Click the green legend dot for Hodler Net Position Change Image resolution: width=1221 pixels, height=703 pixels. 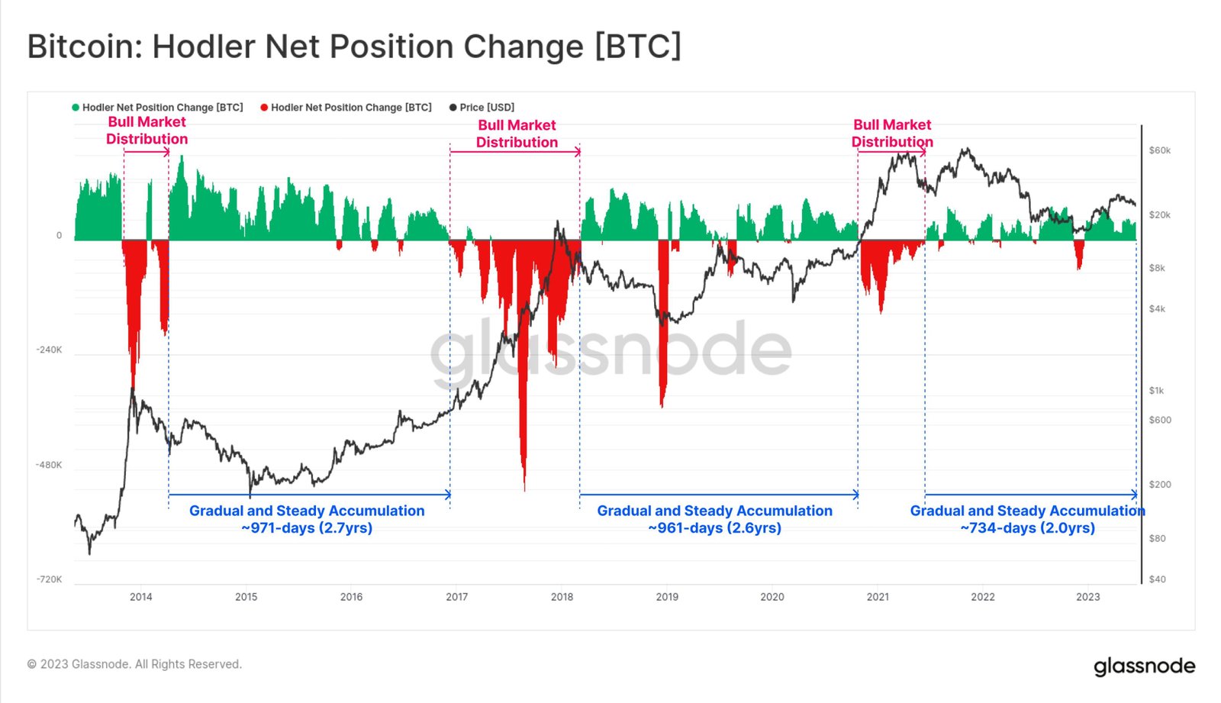click(x=76, y=108)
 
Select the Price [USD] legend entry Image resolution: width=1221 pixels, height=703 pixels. click(x=486, y=108)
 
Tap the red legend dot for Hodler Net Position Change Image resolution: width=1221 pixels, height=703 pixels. click(x=264, y=108)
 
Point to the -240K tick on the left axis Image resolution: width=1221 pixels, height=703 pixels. click(x=49, y=350)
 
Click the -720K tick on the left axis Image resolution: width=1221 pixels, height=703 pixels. click(x=49, y=579)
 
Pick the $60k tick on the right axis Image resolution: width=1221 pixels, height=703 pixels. click(x=1159, y=150)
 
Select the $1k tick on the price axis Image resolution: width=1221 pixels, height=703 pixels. click(x=1156, y=391)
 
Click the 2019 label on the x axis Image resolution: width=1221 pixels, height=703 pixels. click(x=667, y=597)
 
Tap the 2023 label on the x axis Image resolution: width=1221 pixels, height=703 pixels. click(x=1087, y=597)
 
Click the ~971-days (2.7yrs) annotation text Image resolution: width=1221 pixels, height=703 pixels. click(x=307, y=528)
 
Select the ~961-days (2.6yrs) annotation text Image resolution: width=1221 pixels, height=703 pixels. click(x=714, y=528)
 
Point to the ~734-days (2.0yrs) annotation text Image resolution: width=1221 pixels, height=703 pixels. click(x=1027, y=528)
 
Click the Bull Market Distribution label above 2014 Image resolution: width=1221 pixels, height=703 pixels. click(x=147, y=131)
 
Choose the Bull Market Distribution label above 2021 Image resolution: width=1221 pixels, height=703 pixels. click(x=892, y=133)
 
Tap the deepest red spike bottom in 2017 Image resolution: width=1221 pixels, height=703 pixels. click(x=524, y=489)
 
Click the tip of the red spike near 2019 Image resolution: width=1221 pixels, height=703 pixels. click(x=662, y=406)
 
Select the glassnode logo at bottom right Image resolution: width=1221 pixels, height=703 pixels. click(x=1144, y=666)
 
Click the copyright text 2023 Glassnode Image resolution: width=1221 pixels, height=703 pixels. click(x=134, y=664)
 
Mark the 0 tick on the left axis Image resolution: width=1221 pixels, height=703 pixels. click(x=59, y=236)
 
